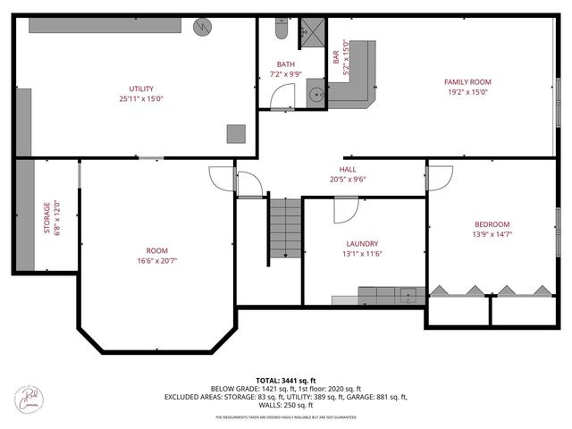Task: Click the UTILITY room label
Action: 141,88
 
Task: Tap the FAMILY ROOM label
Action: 467,81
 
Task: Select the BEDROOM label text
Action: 492,223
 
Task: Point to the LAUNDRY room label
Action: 362,243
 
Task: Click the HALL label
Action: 348,169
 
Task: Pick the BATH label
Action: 285,64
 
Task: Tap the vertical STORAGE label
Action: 47,218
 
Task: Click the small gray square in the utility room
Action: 235,133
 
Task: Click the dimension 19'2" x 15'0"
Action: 467,91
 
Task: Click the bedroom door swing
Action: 439,178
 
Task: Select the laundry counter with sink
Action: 391,295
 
